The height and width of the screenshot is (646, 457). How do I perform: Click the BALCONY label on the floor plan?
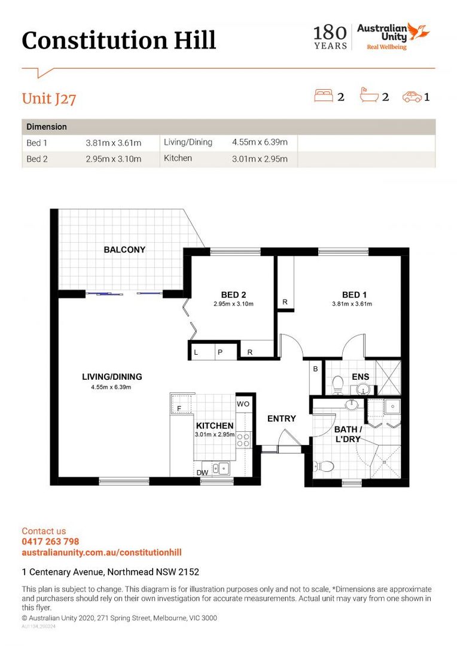click(124, 249)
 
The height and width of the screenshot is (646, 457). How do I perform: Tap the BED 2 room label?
click(233, 294)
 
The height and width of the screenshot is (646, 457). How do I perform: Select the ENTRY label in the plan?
click(282, 419)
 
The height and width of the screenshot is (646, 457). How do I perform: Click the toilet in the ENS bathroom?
click(338, 384)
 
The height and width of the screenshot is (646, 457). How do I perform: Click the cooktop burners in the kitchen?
click(243, 440)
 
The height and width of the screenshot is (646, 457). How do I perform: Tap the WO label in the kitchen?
click(243, 404)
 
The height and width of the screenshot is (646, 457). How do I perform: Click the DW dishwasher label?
click(202, 473)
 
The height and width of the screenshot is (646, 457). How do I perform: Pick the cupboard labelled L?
click(203, 352)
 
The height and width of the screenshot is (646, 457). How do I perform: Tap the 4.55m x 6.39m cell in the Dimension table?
click(260, 142)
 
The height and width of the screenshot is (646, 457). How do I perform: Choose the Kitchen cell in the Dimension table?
click(178, 158)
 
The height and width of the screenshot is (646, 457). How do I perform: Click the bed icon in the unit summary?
click(324, 96)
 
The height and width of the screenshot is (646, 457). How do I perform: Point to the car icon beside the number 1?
click(412, 97)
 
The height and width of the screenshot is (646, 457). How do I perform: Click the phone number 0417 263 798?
click(50, 541)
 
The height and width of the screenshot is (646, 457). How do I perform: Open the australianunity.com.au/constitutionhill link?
click(102, 553)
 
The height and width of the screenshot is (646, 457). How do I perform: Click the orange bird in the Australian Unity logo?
click(418, 32)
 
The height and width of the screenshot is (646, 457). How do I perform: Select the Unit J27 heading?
click(49, 99)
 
